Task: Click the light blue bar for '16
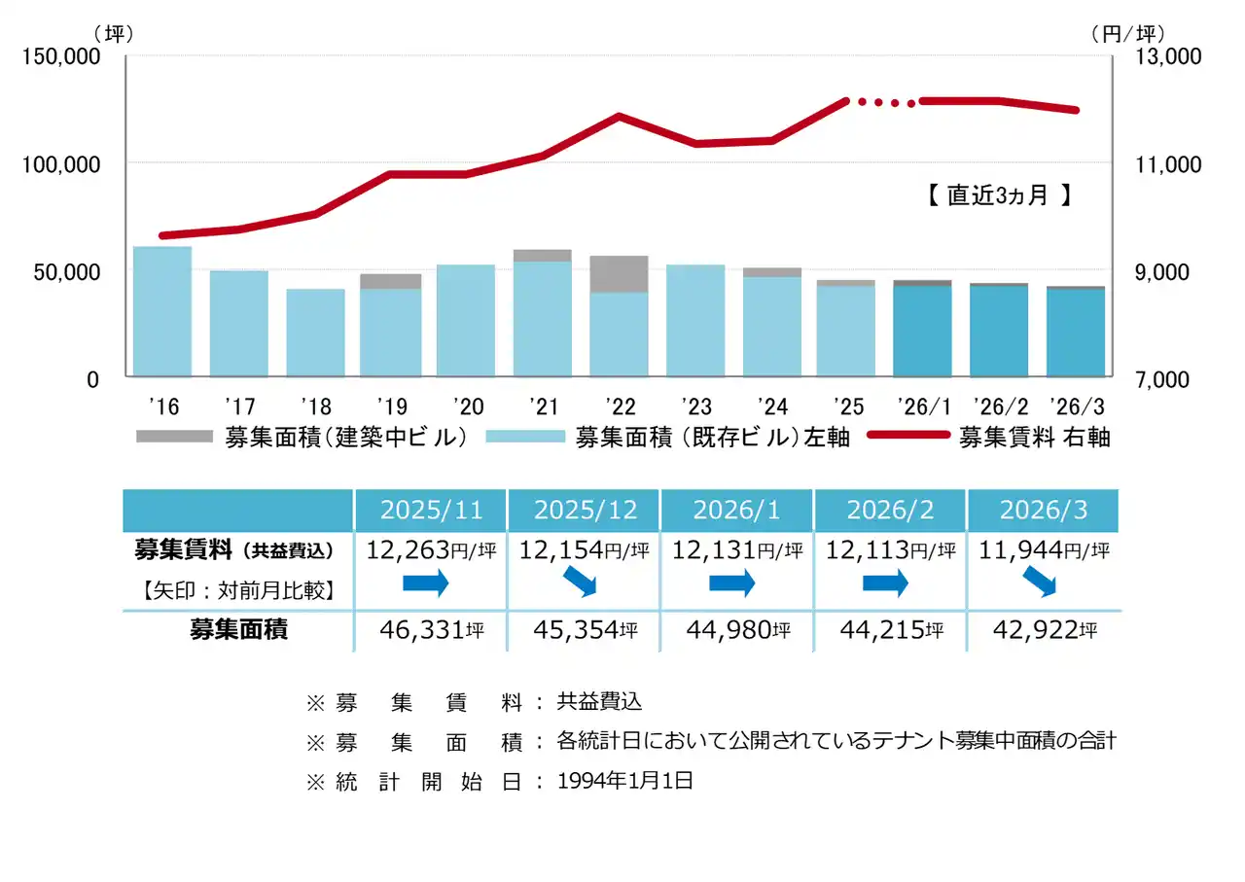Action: click(161, 311)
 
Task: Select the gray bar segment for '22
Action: click(619, 274)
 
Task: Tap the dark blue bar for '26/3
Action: click(1075, 333)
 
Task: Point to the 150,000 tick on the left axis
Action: click(60, 57)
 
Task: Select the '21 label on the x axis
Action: click(542, 404)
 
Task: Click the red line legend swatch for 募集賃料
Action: click(907, 436)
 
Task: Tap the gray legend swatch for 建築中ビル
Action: click(174, 437)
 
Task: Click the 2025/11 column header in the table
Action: click(431, 511)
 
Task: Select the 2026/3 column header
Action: click(1042, 511)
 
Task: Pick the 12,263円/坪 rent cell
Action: click(431, 550)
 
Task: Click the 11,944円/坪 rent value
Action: click(1042, 550)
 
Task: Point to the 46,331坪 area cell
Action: click(431, 630)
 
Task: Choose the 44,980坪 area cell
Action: click(736, 630)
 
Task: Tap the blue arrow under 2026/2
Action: click(885, 583)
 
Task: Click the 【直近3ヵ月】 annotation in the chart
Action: click(998, 195)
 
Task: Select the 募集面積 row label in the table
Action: click(238, 629)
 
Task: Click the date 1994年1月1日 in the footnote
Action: click(625, 781)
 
